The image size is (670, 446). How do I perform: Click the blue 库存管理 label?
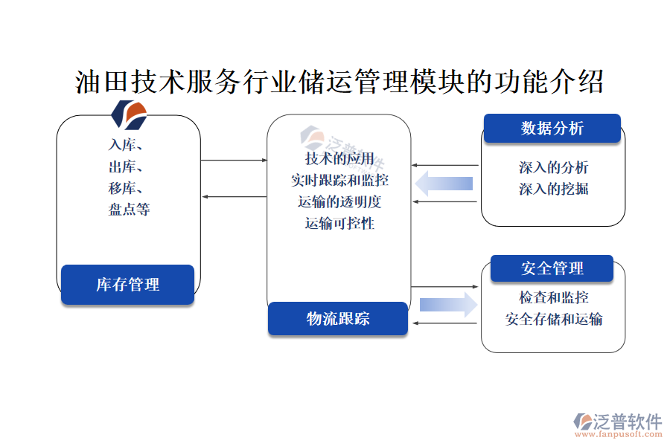[x=127, y=285]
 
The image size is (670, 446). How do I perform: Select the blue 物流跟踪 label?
[x=338, y=319]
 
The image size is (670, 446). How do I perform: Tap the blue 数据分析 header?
[x=552, y=128]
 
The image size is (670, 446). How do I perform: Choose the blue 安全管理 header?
[x=552, y=268]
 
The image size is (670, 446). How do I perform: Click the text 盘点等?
[x=129, y=210]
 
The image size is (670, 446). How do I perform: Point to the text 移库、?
[x=126, y=188]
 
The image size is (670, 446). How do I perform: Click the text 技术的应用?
[x=339, y=159]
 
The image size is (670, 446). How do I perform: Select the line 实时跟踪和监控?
[x=339, y=180]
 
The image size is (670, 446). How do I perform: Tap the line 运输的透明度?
[x=339, y=201]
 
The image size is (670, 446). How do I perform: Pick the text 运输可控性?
[x=339, y=222]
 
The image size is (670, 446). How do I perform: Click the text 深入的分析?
[x=553, y=168]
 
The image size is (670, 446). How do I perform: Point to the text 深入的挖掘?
[x=553, y=189]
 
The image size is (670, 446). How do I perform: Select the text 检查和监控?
[x=553, y=297]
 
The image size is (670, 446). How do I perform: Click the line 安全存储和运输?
[x=553, y=319]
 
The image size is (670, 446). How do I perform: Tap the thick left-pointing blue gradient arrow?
[x=444, y=183]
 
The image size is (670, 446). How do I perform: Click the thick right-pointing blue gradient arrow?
[x=447, y=304]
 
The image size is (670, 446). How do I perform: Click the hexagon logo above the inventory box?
[x=129, y=114]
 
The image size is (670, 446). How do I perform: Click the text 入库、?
[x=126, y=146]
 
